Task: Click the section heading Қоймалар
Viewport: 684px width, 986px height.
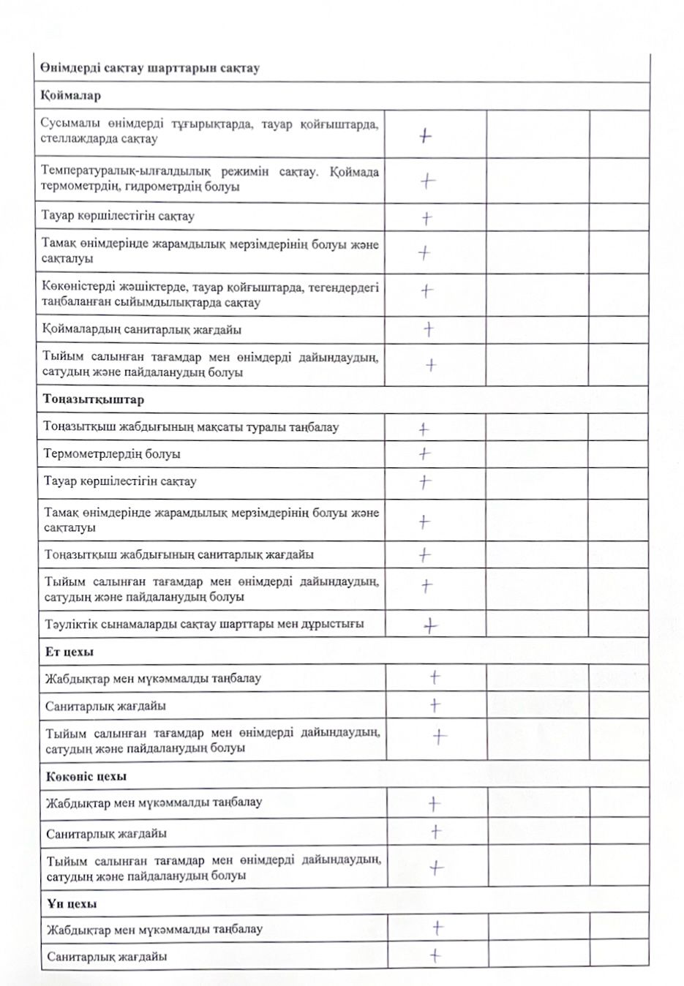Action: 71,96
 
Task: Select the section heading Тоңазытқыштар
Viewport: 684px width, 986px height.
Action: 94,400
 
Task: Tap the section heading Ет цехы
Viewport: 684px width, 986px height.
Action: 69,652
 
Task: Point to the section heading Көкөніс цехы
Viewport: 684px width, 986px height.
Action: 86,776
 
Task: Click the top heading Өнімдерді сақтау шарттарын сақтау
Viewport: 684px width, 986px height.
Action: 150,68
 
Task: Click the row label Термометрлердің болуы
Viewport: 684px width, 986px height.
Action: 112,454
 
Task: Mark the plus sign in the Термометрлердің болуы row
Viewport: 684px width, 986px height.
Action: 424,454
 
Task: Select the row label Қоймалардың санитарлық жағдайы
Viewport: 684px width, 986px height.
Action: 142,330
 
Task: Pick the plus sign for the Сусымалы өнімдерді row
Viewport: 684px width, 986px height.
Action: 426,135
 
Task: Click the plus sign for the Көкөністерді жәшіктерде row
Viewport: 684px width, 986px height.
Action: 426,291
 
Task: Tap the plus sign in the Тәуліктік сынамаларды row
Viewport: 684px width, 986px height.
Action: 430,625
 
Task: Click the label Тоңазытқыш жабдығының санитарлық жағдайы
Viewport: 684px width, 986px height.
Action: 179,555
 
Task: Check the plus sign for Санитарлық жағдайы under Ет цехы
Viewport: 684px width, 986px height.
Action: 435,705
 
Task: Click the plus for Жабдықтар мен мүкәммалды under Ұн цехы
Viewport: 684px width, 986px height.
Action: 437,928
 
